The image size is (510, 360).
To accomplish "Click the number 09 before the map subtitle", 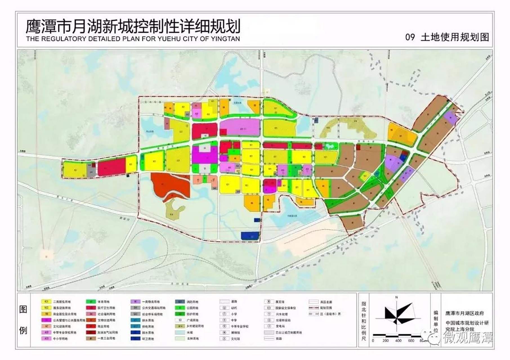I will pyautogui.click(x=410, y=37).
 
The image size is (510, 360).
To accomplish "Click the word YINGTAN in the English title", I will pyautogui.click(x=226, y=39).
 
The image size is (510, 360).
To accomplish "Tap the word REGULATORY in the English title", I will pyautogui.click(x=64, y=39).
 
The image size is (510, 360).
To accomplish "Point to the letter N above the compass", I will pyautogui.click(x=397, y=297).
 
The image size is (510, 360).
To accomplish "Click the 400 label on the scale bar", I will pyautogui.click(x=398, y=341).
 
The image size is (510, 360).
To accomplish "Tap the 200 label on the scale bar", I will pyautogui.click(x=385, y=341).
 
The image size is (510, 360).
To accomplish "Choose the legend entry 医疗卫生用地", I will pyautogui.click(x=106, y=308).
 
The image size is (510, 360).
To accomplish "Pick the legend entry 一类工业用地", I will pyautogui.click(x=106, y=338).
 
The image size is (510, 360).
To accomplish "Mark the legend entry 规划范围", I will pyautogui.click(x=326, y=308).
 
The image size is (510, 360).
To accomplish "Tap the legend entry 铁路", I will pyautogui.click(x=279, y=339).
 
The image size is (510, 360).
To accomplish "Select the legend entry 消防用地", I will pyautogui.click(x=192, y=301).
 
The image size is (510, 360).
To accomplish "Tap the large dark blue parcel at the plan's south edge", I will pyautogui.click(x=250, y=236).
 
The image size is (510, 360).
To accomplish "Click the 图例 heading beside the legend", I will pyautogui.click(x=23, y=320).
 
